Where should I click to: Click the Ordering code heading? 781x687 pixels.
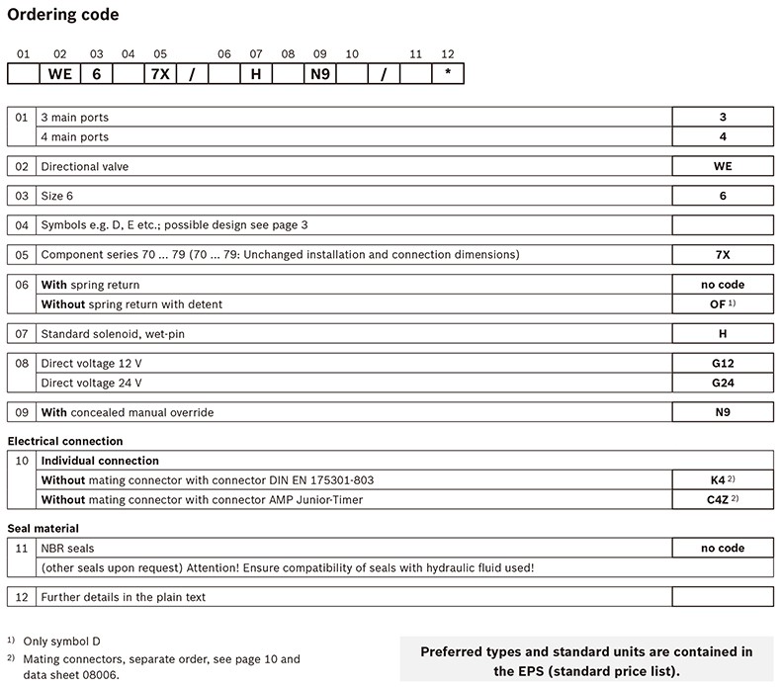63,15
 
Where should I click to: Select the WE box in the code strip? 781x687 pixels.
59,74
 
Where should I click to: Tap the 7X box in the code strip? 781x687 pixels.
160,74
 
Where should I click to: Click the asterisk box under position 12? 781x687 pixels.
447,74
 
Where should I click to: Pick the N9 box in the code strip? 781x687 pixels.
319,74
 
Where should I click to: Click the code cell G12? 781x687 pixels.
723,364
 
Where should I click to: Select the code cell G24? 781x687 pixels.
723,384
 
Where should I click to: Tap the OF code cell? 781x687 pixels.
723,304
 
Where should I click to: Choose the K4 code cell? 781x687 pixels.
723,480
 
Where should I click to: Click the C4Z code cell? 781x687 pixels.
723,500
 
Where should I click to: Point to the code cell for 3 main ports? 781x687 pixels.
723,117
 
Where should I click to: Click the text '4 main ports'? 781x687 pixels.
74,136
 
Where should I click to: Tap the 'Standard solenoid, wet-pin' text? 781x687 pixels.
113,334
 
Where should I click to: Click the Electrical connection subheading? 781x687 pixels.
65,441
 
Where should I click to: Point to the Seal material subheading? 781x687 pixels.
43,529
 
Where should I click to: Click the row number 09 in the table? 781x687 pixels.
22,411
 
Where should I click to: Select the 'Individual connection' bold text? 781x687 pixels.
100,461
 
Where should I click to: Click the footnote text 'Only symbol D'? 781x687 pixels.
63,642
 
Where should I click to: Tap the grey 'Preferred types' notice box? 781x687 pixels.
586,659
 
